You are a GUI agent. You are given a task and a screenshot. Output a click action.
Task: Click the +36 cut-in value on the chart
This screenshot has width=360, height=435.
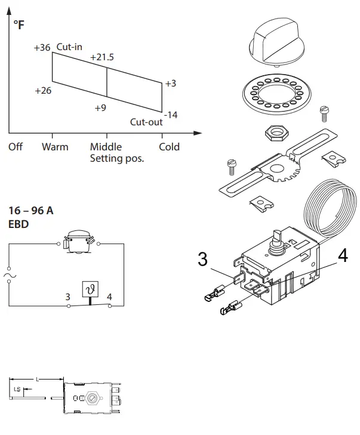pyautogui.click(x=42, y=48)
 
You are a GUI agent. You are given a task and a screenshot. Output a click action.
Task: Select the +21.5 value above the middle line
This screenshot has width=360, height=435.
pyautogui.click(x=101, y=57)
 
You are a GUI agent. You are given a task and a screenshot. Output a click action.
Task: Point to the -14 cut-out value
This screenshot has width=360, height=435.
pyautogui.click(x=171, y=115)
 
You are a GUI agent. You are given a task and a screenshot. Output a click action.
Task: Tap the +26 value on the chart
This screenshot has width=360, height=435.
pyautogui.click(x=44, y=91)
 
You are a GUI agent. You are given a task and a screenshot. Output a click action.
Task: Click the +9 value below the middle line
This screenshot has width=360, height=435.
pyautogui.click(x=100, y=108)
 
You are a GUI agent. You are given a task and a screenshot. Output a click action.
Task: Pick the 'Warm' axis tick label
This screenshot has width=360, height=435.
pyautogui.click(x=55, y=147)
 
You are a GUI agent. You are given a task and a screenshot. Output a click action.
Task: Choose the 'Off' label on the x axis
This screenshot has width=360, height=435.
pyautogui.click(x=16, y=147)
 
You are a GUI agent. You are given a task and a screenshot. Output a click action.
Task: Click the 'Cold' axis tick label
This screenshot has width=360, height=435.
pyautogui.click(x=169, y=147)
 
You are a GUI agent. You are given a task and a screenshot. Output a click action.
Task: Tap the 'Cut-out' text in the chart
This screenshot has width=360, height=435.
pyautogui.click(x=146, y=122)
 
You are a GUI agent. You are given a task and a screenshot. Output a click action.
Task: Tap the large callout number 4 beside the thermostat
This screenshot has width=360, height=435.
pyautogui.click(x=342, y=255)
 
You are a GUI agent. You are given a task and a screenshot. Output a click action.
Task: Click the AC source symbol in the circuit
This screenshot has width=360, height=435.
pyautogui.click(x=9, y=275)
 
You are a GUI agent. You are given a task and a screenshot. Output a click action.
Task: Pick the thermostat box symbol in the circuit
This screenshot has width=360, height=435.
pyautogui.click(x=91, y=289)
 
